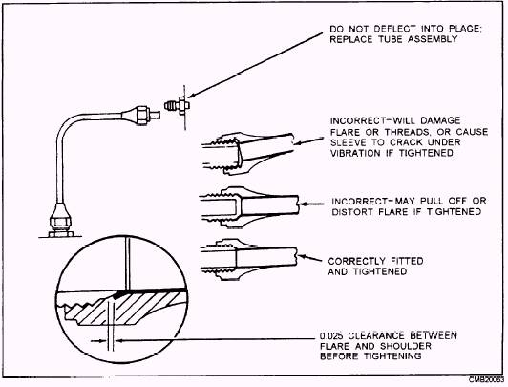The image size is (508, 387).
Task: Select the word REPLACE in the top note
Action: click(x=350, y=39)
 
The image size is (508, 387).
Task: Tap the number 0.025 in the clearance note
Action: click(x=331, y=335)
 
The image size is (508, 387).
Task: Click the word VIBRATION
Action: click(x=355, y=153)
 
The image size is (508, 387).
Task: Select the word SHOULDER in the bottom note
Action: click(x=405, y=346)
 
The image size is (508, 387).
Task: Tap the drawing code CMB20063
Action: click(x=486, y=379)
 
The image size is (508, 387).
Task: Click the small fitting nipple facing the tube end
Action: click(x=178, y=106)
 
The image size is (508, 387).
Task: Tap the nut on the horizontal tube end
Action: click(x=142, y=115)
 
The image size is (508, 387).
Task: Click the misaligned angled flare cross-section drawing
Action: click(x=248, y=153)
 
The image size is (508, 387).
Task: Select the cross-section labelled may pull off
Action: click(x=249, y=207)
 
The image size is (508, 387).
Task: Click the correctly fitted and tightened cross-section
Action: click(x=249, y=259)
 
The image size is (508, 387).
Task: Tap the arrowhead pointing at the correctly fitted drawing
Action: click(x=302, y=257)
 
